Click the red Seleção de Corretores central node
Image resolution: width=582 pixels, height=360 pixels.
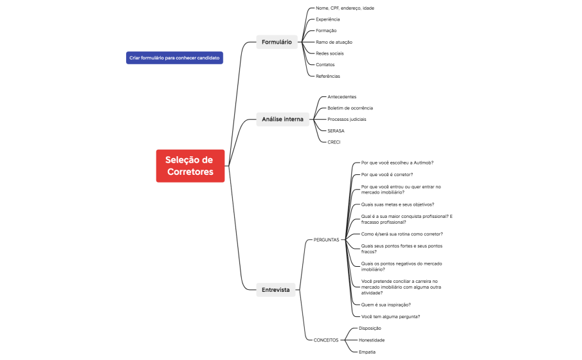190,166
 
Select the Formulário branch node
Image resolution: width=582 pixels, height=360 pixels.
277,42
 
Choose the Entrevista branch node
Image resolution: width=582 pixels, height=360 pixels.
275,290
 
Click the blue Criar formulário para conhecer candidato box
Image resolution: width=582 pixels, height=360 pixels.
174,58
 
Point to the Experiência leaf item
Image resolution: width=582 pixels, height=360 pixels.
327,19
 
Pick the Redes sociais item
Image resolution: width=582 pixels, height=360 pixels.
330,53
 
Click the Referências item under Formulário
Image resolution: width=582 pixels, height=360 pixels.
327,76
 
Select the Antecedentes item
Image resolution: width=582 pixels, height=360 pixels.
341,96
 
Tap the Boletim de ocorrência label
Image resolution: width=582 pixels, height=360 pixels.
350,108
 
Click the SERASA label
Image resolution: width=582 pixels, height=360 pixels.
336,130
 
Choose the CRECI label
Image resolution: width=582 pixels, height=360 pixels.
334,141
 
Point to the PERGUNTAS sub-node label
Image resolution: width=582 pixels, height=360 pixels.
326,240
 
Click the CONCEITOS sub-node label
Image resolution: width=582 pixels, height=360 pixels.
325,340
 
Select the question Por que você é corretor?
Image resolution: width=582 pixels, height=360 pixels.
387,174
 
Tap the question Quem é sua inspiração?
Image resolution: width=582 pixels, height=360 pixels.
386,305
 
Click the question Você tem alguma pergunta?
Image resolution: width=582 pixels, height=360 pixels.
390,316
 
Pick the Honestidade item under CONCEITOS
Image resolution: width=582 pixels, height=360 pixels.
372,340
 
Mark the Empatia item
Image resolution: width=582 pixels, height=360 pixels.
367,352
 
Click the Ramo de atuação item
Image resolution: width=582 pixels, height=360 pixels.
334,42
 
